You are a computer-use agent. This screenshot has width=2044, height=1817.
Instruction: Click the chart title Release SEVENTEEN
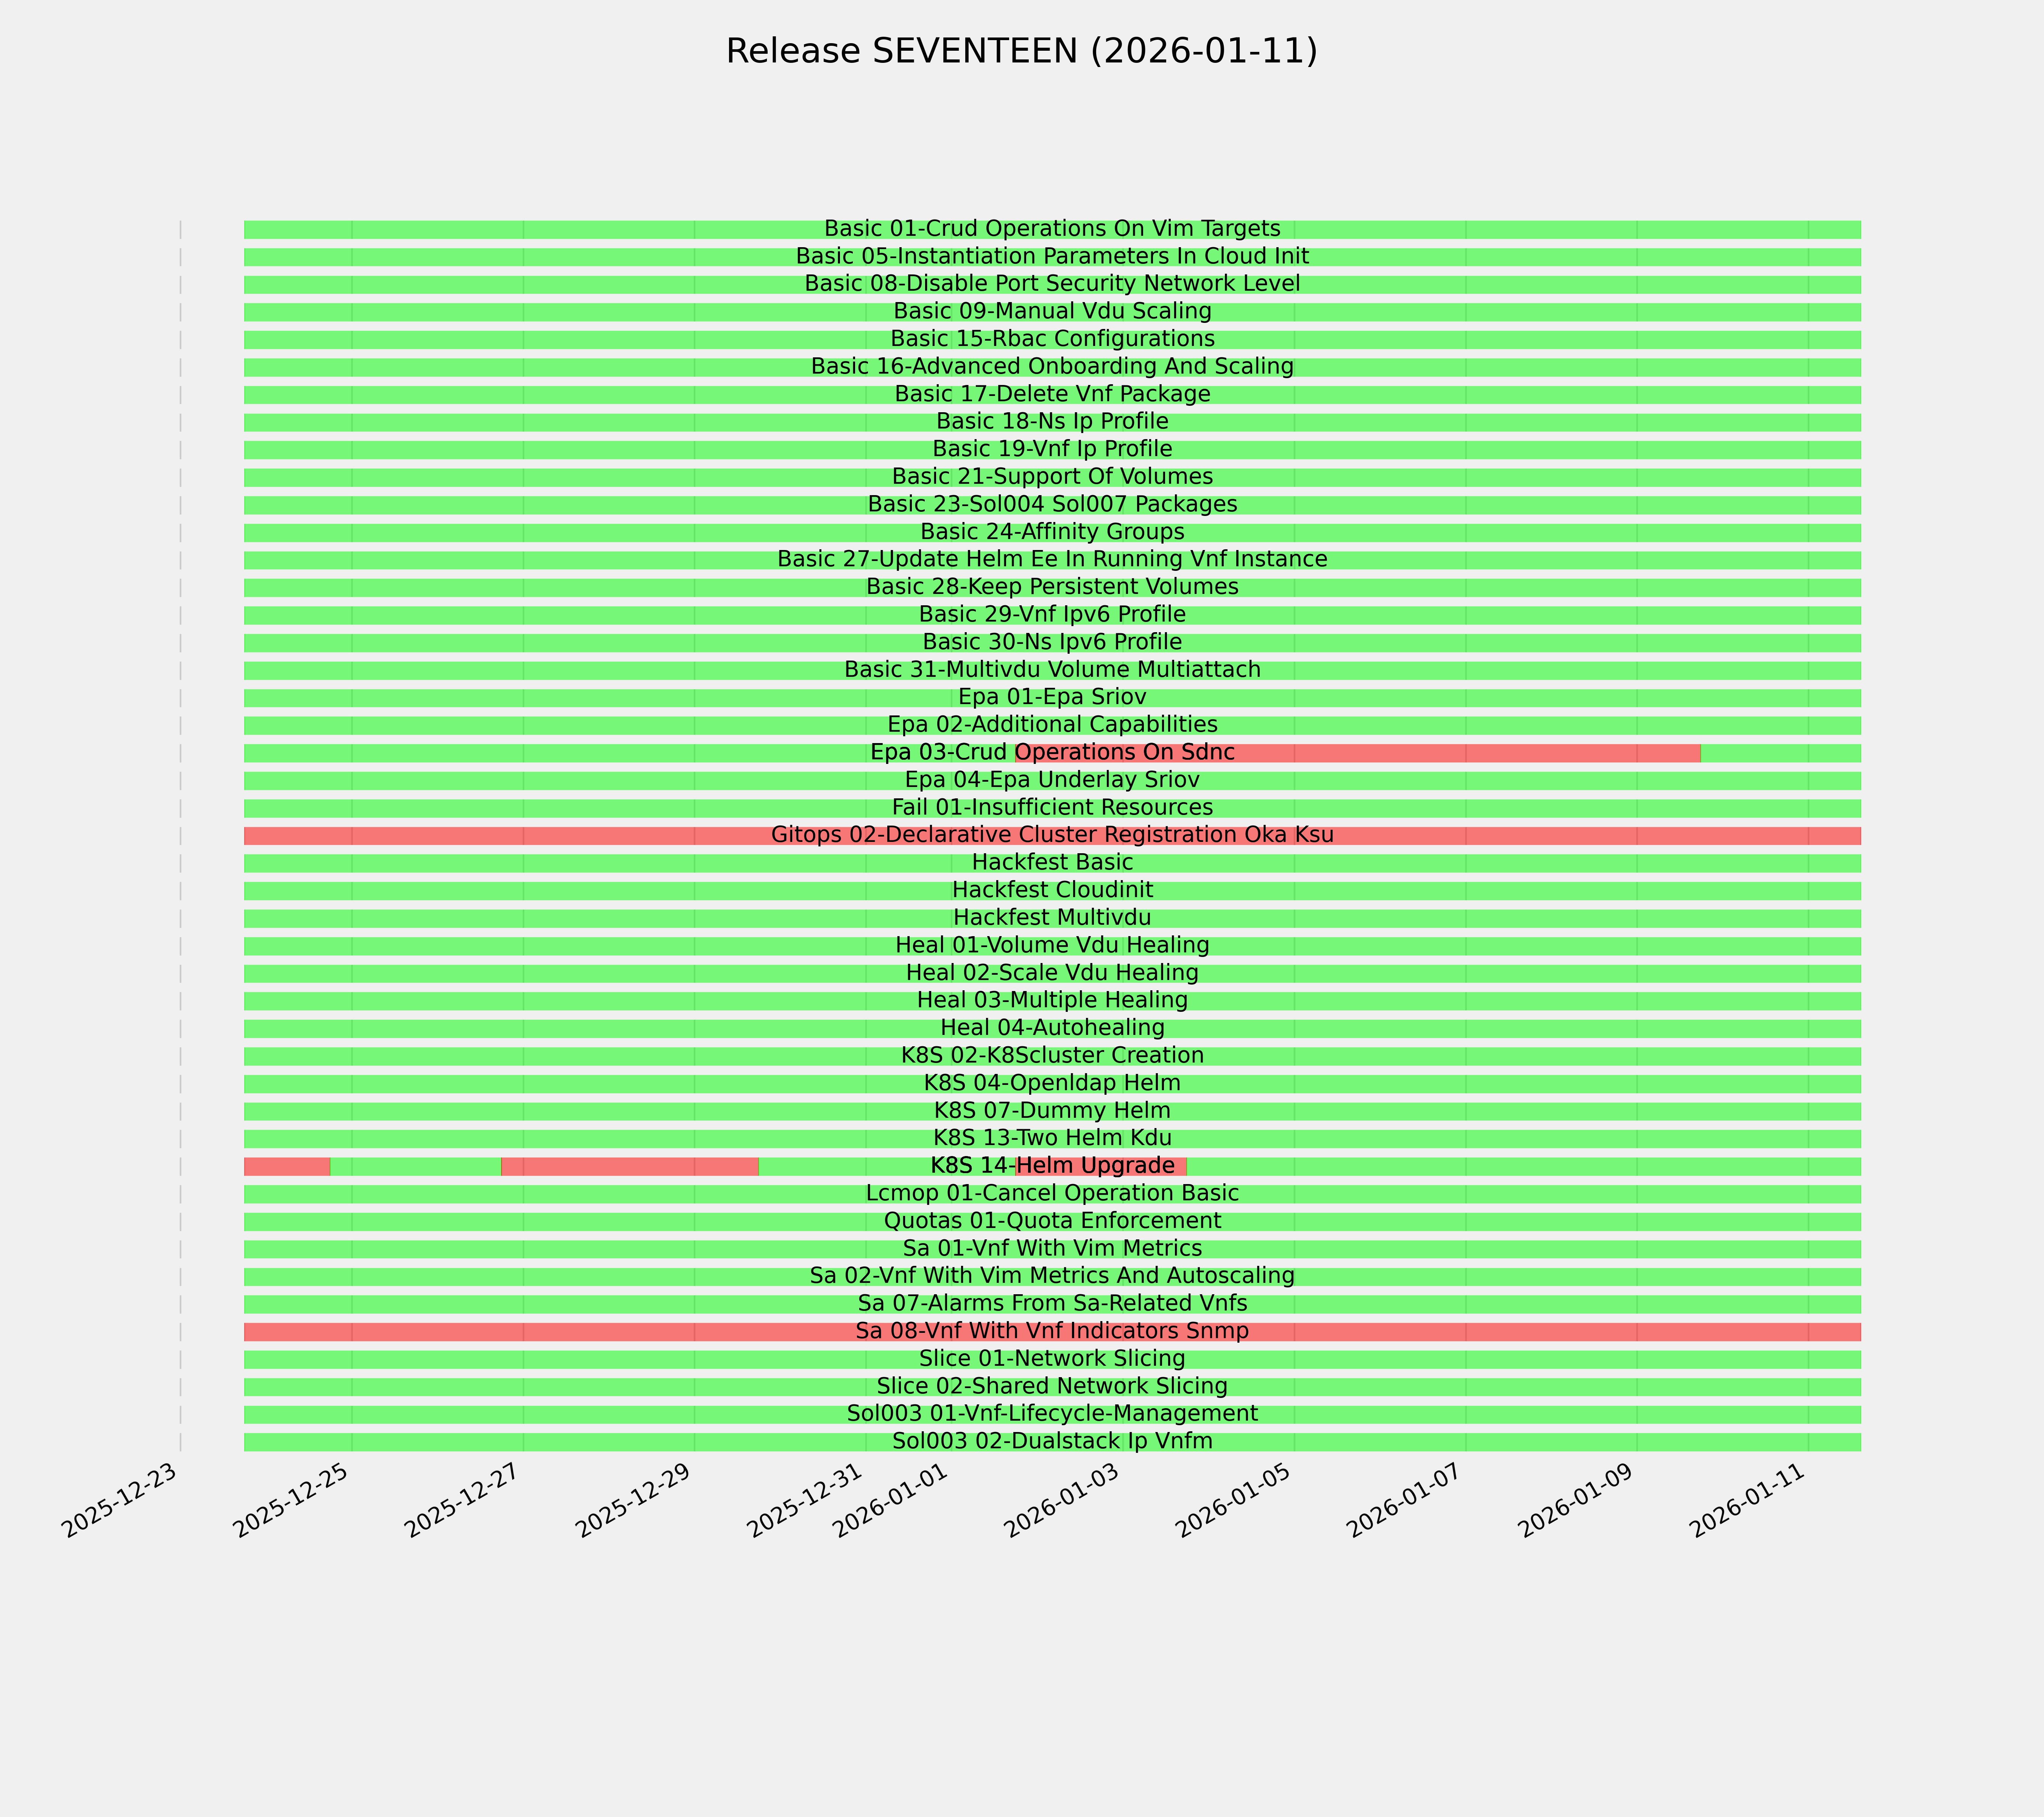click(x=1021, y=51)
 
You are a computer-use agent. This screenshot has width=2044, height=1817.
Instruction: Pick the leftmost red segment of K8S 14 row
click(x=286, y=1166)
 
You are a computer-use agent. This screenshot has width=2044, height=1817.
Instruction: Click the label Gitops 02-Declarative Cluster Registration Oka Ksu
click(x=1052, y=835)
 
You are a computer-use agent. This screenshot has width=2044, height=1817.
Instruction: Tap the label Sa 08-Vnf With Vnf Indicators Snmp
click(x=1052, y=1331)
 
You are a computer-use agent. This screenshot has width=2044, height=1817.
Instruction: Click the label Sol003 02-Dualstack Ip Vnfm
click(x=1052, y=1441)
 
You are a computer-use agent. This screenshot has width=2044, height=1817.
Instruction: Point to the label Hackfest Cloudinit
click(x=1052, y=890)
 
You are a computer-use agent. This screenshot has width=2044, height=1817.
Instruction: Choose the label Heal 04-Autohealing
click(x=1052, y=1028)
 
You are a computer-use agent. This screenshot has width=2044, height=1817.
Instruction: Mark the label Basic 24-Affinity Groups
click(x=1052, y=532)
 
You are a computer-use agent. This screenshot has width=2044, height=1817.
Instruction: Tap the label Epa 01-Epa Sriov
click(x=1052, y=697)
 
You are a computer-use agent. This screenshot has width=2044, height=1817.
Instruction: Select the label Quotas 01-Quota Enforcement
click(x=1052, y=1221)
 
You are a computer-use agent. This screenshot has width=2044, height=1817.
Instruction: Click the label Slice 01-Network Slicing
click(x=1052, y=1359)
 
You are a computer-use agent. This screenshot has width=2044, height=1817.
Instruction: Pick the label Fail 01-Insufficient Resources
click(x=1052, y=807)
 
